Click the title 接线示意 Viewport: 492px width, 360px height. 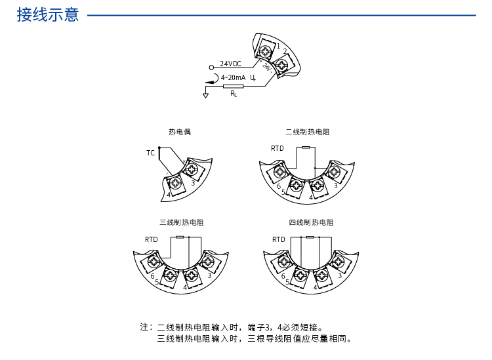point(47,15)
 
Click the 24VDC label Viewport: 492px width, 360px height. point(230,64)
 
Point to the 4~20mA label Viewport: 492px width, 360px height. point(233,78)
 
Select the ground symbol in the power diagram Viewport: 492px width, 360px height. point(205,96)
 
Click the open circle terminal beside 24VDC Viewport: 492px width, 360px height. point(211,67)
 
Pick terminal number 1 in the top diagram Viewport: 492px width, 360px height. point(278,46)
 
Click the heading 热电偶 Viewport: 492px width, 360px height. point(179,132)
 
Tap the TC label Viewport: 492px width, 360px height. point(150,153)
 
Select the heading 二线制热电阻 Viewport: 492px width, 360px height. point(307,132)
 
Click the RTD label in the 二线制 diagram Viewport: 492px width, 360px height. point(277,148)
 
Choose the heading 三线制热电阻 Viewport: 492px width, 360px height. point(181,223)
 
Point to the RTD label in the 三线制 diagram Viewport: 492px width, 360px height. point(152,239)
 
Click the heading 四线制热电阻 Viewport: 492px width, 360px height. point(311,223)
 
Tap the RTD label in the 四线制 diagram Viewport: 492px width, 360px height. point(279,239)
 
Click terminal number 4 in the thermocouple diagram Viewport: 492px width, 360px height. point(169,195)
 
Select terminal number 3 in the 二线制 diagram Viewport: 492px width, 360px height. point(335,186)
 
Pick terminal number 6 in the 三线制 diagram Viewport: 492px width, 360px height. point(152,276)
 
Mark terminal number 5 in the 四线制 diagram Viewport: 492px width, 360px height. point(288,282)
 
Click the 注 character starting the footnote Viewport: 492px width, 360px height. point(144,327)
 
